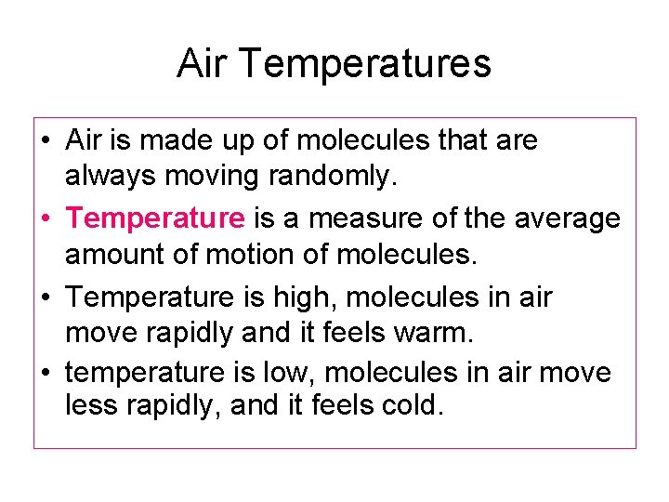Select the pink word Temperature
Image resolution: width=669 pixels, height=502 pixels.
point(156,218)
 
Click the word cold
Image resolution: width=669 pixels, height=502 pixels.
point(406,406)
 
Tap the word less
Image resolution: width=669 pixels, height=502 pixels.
point(88,406)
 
